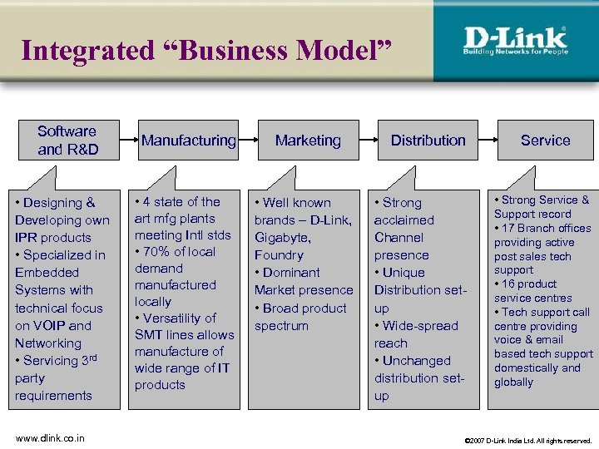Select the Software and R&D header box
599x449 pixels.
pyautogui.click(x=67, y=140)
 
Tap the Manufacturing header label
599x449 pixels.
pyautogui.click(x=189, y=141)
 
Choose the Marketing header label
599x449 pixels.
pyautogui.click(x=308, y=141)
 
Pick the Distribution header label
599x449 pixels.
pyautogui.click(x=428, y=141)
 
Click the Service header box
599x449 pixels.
pyautogui.click(x=545, y=141)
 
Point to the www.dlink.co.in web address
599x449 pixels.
pyautogui.click(x=49, y=438)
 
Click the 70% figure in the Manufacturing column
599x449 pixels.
pyautogui.click(x=157, y=251)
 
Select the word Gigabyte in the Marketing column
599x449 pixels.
pyautogui.click(x=283, y=237)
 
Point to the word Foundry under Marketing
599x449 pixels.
pyautogui.click(x=279, y=254)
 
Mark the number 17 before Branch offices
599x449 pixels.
pyautogui.click(x=510, y=228)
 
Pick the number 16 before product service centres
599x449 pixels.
pyautogui.click(x=510, y=284)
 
